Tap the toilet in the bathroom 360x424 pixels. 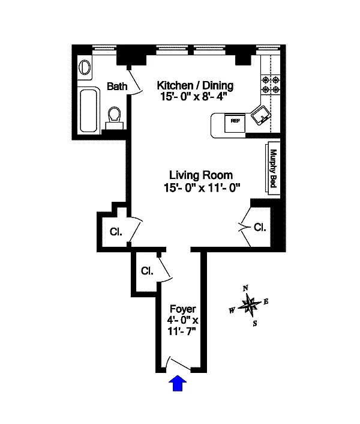click(x=114, y=115)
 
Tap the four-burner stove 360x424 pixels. click(x=269, y=85)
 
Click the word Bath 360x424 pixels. click(x=117, y=86)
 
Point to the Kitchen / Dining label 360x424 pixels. click(x=195, y=85)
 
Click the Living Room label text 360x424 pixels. click(x=200, y=175)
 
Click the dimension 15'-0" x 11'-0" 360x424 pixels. click(x=202, y=187)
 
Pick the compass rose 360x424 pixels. click(x=249, y=305)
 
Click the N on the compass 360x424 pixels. click(x=245, y=288)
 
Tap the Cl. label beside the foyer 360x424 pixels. click(x=148, y=271)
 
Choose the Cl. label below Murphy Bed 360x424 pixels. click(x=260, y=228)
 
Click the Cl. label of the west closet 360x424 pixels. click(x=116, y=232)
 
